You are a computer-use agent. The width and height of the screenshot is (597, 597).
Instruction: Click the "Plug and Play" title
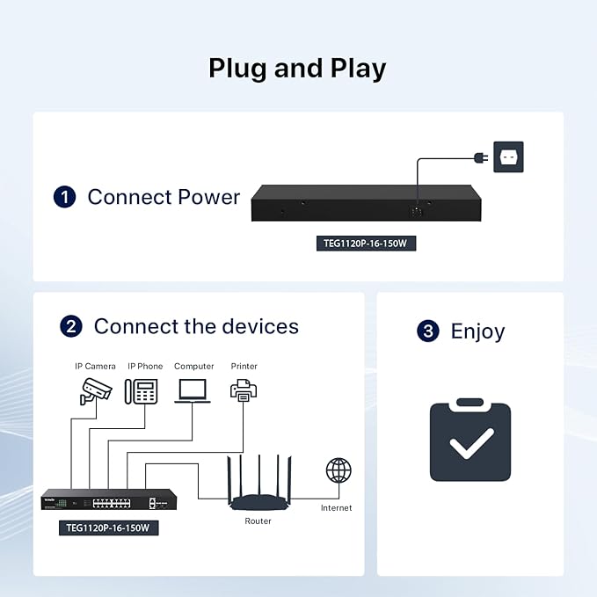(x=297, y=69)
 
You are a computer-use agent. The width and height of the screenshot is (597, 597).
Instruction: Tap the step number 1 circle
(x=64, y=197)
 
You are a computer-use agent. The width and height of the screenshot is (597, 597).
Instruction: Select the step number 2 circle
(x=71, y=326)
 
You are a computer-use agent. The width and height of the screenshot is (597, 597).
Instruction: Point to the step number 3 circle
(x=428, y=331)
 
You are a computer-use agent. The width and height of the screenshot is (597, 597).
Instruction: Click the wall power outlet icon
(x=508, y=157)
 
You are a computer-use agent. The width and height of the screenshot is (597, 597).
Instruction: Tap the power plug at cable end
(x=481, y=157)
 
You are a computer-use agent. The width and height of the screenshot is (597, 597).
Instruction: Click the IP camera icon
(x=96, y=391)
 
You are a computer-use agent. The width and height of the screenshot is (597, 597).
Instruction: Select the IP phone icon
(x=142, y=391)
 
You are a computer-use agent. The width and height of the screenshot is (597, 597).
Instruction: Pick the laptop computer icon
(x=193, y=390)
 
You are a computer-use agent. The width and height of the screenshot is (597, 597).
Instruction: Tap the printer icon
(x=244, y=390)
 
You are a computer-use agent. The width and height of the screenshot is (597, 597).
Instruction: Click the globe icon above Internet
(x=339, y=470)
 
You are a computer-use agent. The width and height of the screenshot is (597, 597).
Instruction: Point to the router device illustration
(x=259, y=483)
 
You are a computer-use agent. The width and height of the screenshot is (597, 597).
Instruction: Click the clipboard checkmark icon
(x=470, y=440)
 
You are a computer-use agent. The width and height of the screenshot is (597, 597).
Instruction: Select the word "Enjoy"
(x=477, y=331)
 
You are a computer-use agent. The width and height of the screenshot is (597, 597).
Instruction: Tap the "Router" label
(x=258, y=521)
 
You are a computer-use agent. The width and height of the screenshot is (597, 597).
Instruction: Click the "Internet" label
(x=336, y=508)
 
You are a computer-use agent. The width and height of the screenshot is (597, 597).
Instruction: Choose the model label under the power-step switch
(x=366, y=244)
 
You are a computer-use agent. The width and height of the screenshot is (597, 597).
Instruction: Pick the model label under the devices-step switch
(x=108, y=528)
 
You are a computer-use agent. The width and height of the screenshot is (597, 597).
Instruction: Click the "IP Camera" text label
(x=95, y=367)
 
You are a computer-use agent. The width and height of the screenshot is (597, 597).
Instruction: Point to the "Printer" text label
(x=244, y=367)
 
